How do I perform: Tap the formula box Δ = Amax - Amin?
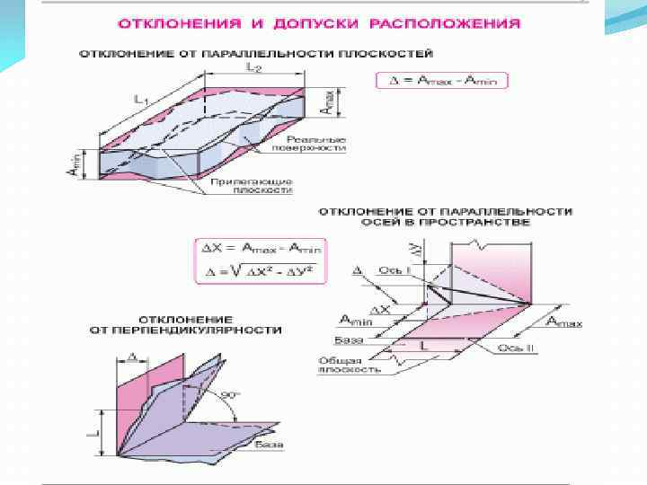coord(442,81)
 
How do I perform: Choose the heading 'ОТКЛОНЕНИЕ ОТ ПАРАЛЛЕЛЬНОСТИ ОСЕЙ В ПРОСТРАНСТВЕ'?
coord(444,216)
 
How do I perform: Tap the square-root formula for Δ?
coord(261,270)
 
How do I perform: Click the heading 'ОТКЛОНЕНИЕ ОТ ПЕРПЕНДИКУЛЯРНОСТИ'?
coord(185,324)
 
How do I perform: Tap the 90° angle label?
coord(230,395)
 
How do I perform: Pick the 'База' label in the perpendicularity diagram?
coord(268,445)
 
